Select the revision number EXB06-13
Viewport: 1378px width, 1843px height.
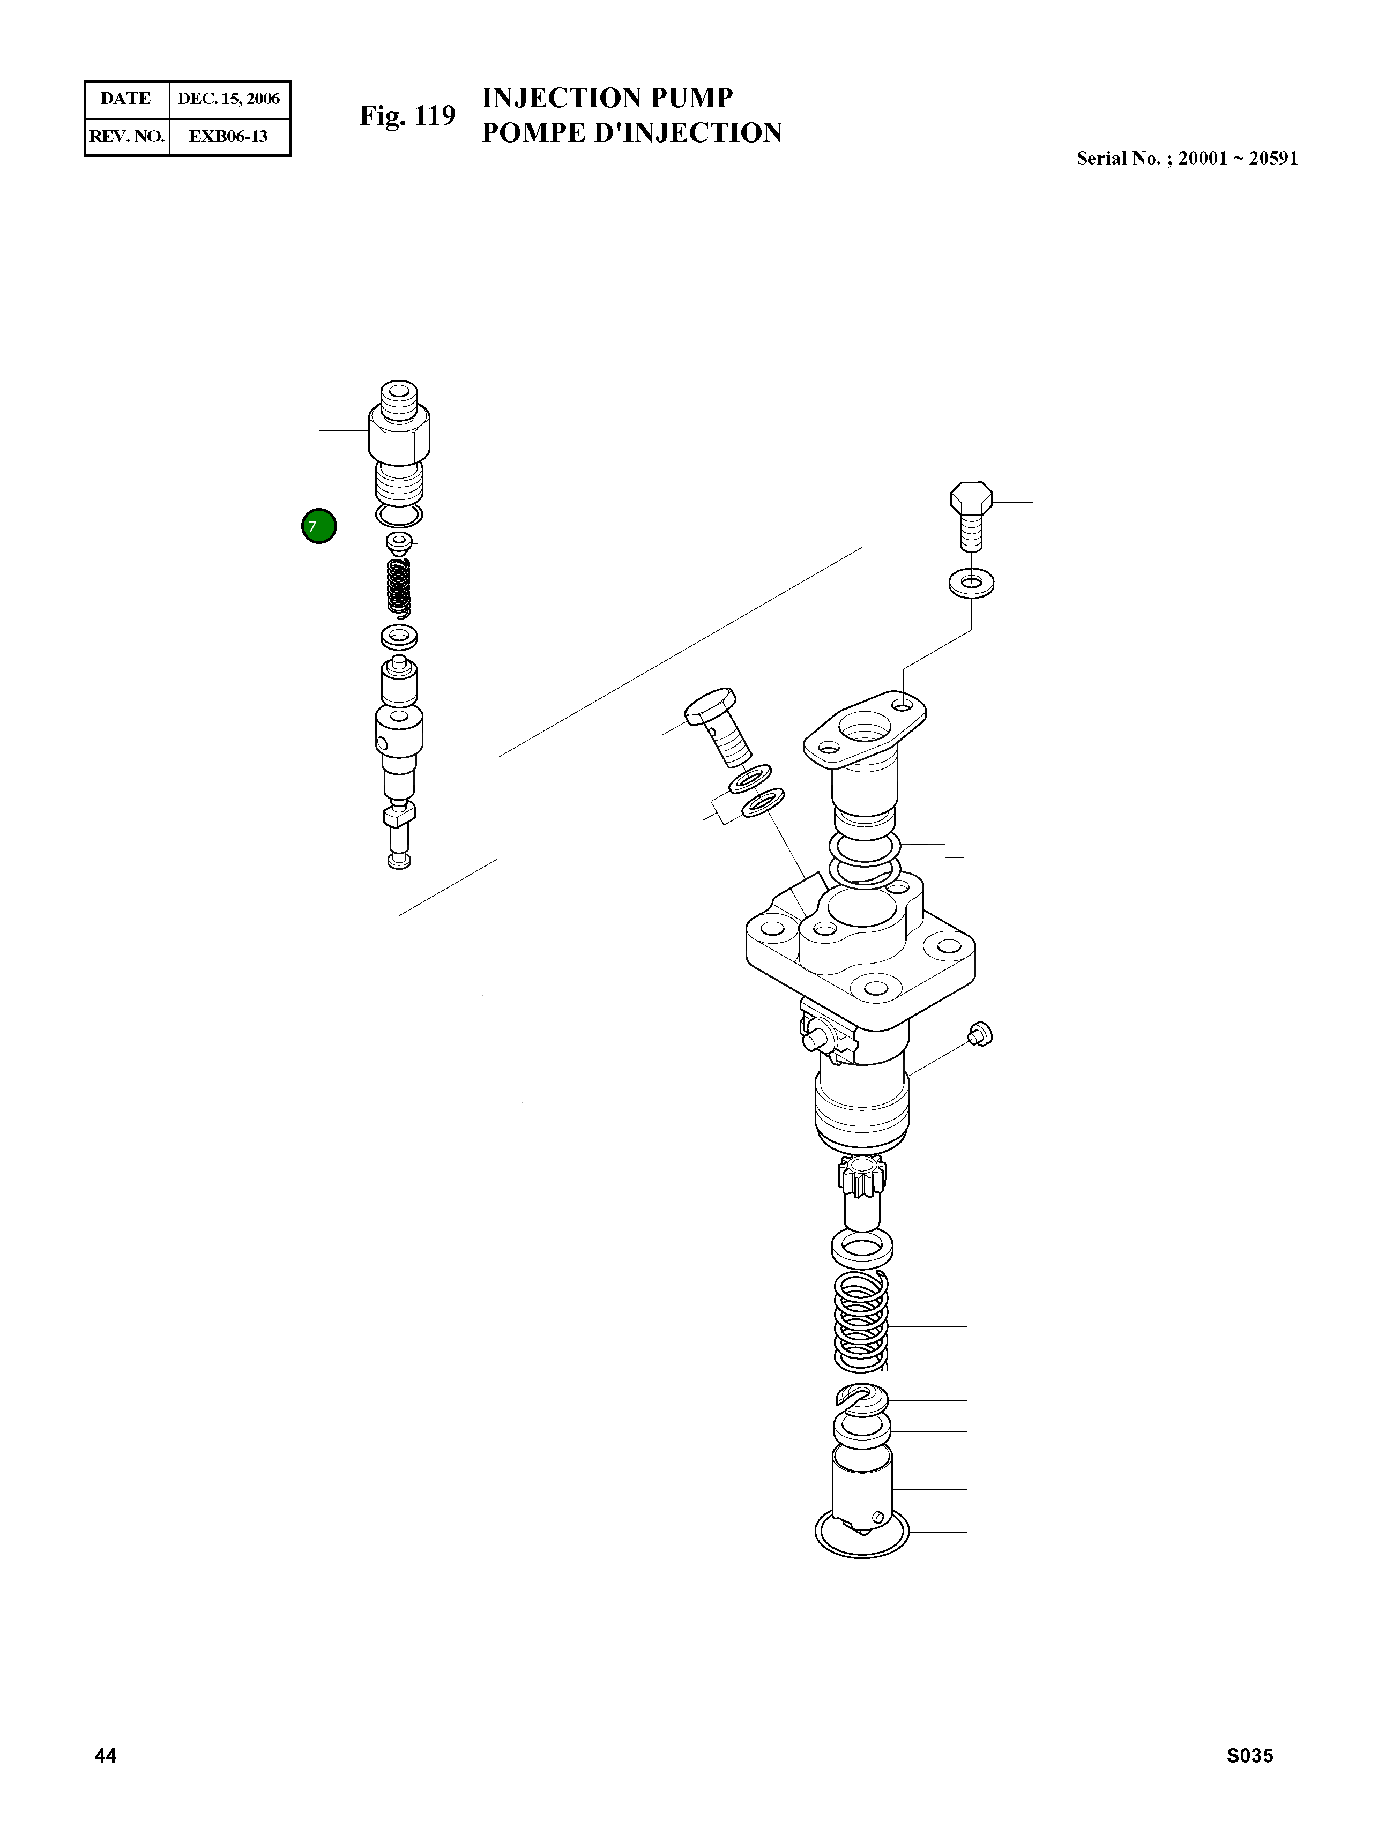click(228, 137)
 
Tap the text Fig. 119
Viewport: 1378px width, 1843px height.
click(407, 116)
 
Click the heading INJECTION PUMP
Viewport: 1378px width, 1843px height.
click(607, 98)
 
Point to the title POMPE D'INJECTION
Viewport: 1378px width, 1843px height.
click(631, 133)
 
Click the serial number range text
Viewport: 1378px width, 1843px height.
click(1186, 158)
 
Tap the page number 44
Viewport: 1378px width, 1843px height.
click(106, 1756)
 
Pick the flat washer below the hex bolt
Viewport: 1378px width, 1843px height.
click(971, 583)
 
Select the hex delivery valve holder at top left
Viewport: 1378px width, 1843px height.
click(399, 433)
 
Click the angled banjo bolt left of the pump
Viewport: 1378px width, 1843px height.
click(718, 729)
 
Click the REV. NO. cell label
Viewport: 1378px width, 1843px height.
click(126, 137)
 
